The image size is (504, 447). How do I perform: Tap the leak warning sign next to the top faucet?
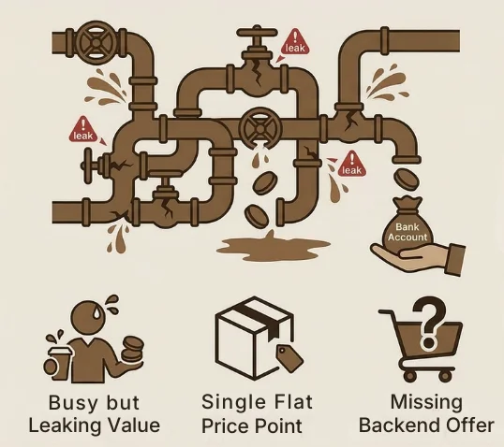[295, 42]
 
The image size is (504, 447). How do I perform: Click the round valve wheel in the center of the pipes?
[259, 128]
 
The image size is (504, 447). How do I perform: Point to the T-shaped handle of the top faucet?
[257, 34]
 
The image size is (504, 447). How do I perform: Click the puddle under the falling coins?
[274, 247]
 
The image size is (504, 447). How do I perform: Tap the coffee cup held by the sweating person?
[60, 364]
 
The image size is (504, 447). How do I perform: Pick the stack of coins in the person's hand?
[132, 349]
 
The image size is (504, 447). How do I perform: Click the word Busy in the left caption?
[67, 403]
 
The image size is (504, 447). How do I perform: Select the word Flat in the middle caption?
[292, 402]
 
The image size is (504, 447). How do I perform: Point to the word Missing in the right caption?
[426, 403]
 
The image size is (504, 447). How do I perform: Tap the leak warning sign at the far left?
[83, 130]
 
